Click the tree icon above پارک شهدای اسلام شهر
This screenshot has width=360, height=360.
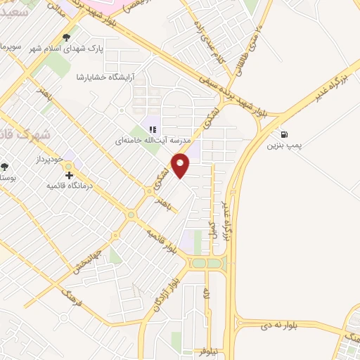(x=66, y=37)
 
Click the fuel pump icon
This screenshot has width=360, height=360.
(x=283, y=134)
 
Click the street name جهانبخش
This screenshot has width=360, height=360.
(x=85, y=258)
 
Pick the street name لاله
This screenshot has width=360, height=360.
(x=207, y=295)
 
